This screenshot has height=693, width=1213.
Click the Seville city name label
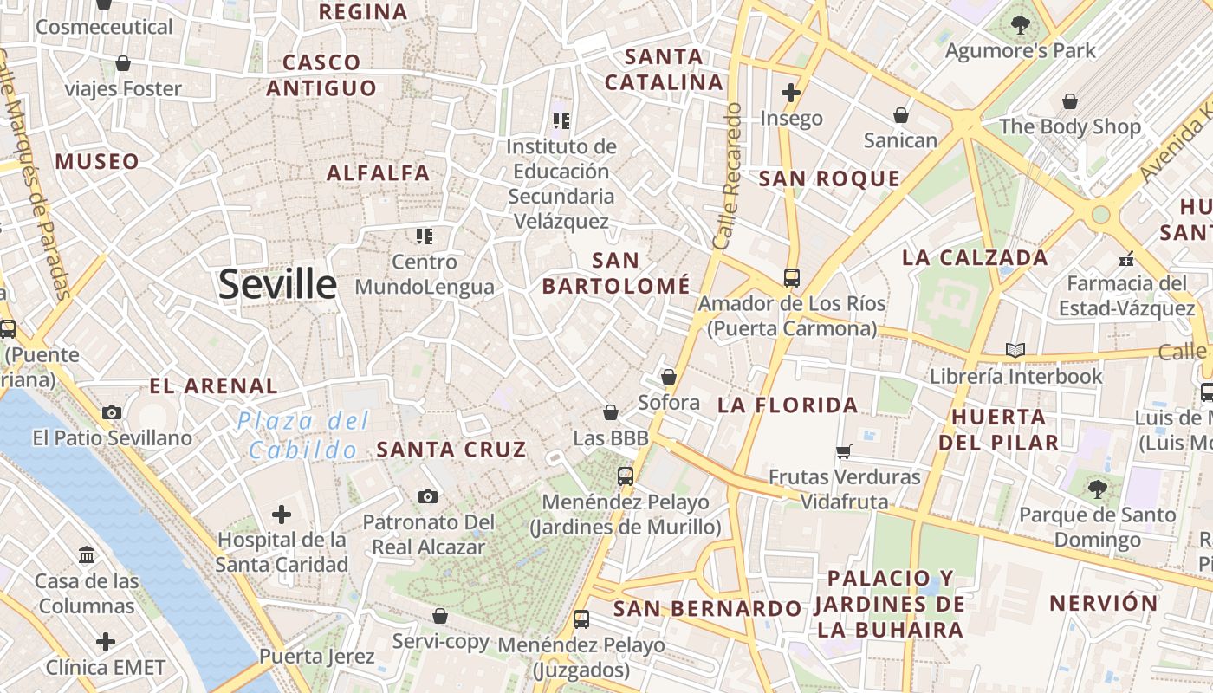[277, 284]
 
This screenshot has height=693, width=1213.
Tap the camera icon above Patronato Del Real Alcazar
[427, 496]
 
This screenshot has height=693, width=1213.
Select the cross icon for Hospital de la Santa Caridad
[282, 515]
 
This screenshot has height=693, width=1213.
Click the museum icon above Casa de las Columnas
[87, 554]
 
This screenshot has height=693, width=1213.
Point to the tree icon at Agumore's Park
[1020, 25]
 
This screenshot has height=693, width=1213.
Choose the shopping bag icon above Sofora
[668, 377]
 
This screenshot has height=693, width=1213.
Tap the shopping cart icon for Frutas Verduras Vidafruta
[844, 451]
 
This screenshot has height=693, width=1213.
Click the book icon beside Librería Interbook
[1015, 351]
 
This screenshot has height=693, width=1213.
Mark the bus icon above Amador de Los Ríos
[791, 277]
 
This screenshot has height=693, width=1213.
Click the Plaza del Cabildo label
[303, 436]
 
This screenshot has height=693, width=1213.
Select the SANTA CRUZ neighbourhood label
[451, 449]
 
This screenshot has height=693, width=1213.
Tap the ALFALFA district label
[378, 172]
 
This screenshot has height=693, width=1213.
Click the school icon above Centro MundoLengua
[424, 236]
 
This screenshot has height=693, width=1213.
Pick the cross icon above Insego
[790, 92]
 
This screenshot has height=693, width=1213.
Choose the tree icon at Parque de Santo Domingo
[1097, 489]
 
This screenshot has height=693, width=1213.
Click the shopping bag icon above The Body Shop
[1070, 101]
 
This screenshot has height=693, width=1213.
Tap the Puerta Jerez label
[316, 656]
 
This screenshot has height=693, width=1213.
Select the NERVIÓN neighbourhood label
[1103, 603]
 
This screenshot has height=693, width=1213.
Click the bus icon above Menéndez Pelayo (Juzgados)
[581, 619]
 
